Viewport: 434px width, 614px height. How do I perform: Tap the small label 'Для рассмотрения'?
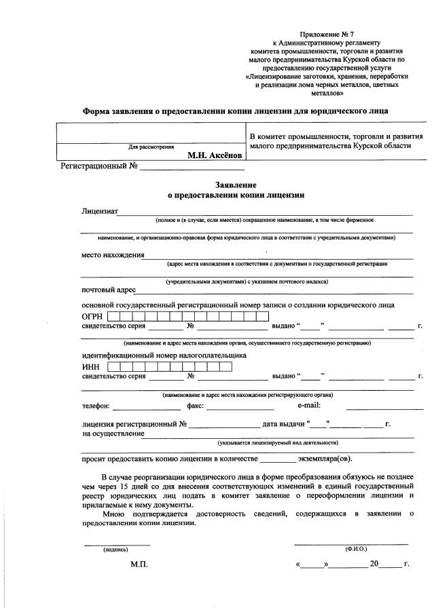151,147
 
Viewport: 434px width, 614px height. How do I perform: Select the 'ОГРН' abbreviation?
92,317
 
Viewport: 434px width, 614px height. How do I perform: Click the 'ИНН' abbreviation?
91,367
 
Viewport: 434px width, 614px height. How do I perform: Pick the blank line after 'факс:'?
240,408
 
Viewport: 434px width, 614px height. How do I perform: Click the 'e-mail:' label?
314,406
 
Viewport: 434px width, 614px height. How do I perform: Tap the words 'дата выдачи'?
284,424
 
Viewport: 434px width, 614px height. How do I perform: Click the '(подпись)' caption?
115,549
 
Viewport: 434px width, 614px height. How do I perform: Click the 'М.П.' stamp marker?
139,564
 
